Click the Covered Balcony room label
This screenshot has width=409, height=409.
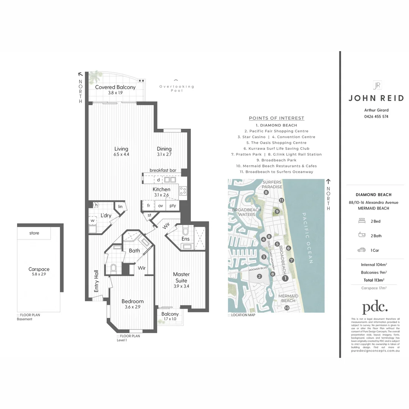click(x=115, y=87)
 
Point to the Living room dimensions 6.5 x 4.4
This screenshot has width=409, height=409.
click(x=121, y=155)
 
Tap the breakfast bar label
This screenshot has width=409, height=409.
click(x=163, y=171)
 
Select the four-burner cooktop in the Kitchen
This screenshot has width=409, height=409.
click(x=183, y=190)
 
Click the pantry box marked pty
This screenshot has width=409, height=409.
click(x=173, y=206)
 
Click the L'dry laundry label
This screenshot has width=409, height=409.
click(x=106, y=215)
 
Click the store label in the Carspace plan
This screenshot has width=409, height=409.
click(x=34, y=233)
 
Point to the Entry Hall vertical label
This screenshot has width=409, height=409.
click(x=96, y=281)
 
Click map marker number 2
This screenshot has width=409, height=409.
click(x=259, y=276)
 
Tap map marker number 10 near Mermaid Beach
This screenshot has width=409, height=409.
click(x=287, y=308)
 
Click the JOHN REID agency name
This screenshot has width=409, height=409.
click(x=373, y=98)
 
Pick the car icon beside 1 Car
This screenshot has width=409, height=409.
click(x=361, y=250)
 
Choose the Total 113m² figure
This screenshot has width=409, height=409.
click(x=373, y=280)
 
